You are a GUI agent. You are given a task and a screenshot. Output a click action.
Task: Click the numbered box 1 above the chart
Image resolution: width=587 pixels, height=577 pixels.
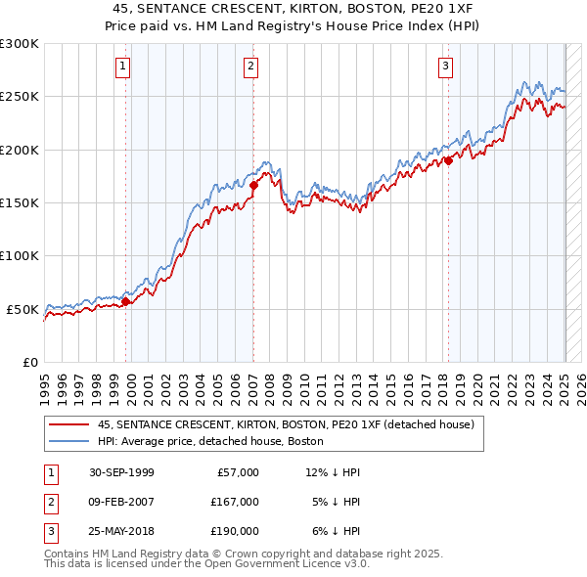coord(123,67)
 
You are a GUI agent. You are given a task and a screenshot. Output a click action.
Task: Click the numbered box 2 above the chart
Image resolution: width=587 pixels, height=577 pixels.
coord(251,67)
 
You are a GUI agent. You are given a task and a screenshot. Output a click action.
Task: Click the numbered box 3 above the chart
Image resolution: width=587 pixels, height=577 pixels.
coord(445,67)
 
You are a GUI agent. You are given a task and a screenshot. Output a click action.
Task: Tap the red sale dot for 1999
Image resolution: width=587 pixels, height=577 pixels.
coord(126,301)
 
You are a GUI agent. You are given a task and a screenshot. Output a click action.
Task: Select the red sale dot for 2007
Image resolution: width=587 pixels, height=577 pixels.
coord(253,184)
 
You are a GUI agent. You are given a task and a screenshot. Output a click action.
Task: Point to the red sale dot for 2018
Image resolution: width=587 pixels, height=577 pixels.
coord(448,160)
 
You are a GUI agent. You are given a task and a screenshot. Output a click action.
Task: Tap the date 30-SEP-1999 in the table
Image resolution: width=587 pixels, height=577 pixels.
coord(121,472)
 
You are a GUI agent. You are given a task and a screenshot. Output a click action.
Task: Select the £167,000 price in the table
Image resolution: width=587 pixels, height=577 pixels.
coord(236,502)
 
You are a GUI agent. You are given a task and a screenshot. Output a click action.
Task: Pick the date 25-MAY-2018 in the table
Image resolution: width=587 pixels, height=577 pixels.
coord(121,531)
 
